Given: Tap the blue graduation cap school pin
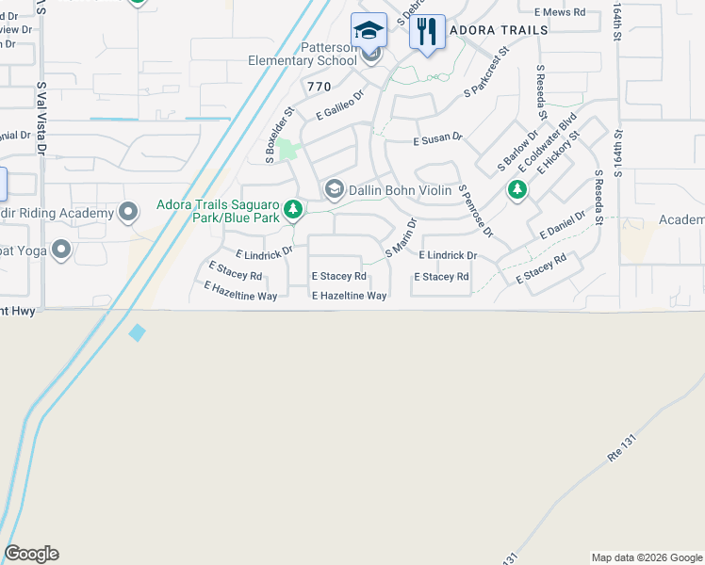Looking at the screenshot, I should (x=369, y=30).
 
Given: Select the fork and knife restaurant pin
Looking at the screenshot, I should (x=428, y=31).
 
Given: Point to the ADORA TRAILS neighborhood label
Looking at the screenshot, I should (x=499, y=30).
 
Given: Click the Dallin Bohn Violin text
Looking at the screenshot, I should (x=400, y=190).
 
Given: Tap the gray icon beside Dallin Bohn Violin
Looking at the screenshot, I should (x=334, y=190).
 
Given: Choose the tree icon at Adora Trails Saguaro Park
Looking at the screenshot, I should (x=294, y=208).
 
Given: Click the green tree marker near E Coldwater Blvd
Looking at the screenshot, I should (x=516, y=190).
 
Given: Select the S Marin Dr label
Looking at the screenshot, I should (x=402, y=239).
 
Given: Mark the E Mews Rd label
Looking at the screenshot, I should (x=560, y=12).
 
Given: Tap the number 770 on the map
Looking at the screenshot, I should (x=319, y=87).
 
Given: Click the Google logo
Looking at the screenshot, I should (x=31, y=554).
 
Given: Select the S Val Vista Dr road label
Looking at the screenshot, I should (x=41, y=118).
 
